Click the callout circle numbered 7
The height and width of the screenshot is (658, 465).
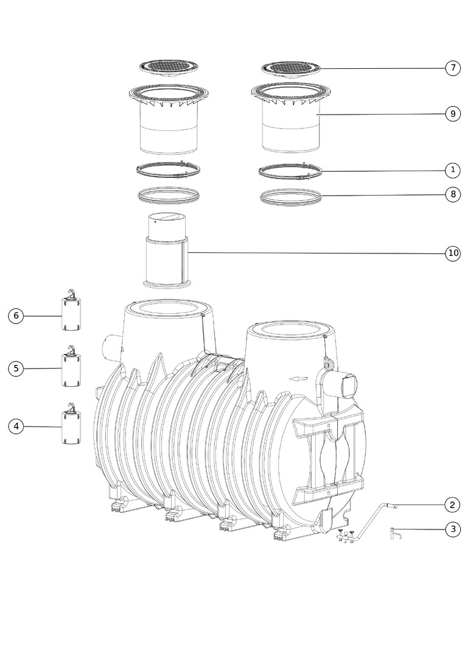(453, 68)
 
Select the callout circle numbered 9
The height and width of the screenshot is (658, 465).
(453, 114)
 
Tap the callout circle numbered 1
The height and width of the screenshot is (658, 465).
(453, 171)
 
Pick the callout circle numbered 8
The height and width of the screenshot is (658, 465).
(453, 194)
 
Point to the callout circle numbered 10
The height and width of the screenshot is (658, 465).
(453, 253)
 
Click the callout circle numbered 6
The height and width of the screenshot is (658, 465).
(16, 316)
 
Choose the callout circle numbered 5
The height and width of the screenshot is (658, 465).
(16, 369)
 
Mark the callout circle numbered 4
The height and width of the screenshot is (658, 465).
(16, 426)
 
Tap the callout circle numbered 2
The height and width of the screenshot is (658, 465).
(452, 505)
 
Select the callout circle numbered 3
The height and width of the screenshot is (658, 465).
(453, 529)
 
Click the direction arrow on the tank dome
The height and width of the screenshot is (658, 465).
(299, 379)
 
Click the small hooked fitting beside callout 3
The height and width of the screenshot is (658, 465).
(396, 534)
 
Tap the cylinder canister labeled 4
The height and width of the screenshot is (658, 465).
(72, 424)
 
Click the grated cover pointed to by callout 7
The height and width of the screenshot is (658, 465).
(292, 69)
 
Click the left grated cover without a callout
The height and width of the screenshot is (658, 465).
(169, 69)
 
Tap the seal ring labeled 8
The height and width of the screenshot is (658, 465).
(290, 197)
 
